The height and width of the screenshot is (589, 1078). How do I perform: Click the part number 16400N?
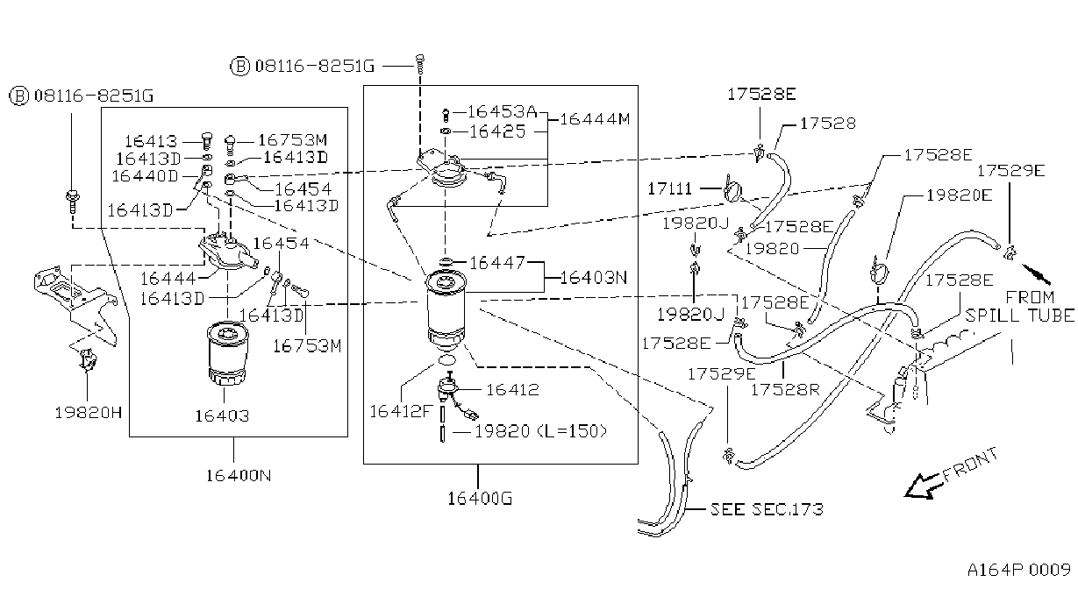tap(239, 476)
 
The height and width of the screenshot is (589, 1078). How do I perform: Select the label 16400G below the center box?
tap(480, 499)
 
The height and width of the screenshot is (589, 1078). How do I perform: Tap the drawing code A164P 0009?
tap(1019, 570)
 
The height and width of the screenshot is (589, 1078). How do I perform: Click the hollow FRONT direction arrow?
tap(922, 486)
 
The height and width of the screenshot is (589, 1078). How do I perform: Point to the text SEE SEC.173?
tap(767, 509)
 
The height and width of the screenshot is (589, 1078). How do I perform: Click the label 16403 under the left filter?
tap(222, 416)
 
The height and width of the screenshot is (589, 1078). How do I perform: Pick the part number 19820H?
tap(89, 413)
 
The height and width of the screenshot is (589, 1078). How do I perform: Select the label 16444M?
tap(595, 118)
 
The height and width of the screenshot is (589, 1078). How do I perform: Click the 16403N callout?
tap(594, 278)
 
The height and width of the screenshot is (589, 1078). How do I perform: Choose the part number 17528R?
tap(785, 389)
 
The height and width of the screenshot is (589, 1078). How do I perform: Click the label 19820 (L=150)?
tap(541, 431)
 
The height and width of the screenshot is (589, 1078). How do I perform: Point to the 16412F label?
tap(401, 411)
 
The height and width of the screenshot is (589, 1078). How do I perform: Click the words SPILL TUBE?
tap(1020, 316)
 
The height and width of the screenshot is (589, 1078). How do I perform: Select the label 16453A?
tap(502, 111)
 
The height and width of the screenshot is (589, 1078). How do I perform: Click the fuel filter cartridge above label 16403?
tap(228, 352)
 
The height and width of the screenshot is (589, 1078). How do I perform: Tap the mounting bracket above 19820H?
tap(75, 303)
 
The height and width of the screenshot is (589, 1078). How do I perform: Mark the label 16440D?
tap(145, 176)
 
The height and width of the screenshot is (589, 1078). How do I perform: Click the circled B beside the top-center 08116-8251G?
tap(240, 66)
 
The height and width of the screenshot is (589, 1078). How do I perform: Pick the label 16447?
tap(497, 263)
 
